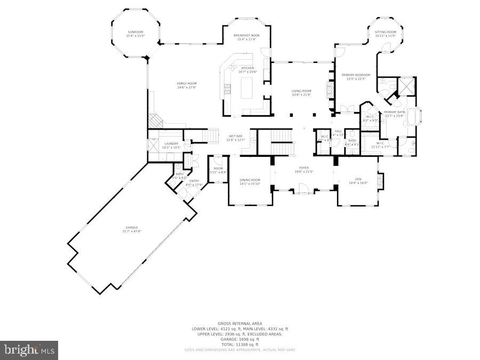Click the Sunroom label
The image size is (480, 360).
click(135, 32)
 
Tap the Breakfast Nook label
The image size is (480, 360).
click(246, 35)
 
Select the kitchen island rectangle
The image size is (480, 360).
click(247, 89)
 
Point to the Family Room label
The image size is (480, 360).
click(187, 84)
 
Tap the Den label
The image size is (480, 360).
click(358, 179)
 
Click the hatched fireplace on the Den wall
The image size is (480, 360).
click(380, 181)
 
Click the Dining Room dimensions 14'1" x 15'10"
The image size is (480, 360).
click(250, 184)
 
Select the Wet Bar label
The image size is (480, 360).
click(236, 137)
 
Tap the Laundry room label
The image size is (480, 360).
click(171, 143)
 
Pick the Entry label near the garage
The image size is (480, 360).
click(194, 181)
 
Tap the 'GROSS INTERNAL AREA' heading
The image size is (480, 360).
click(239, 323)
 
